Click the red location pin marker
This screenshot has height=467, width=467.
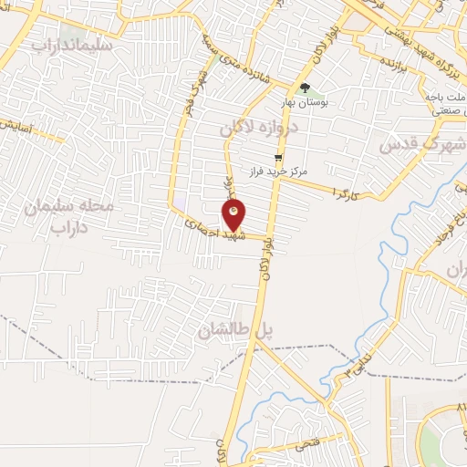pos(233,214)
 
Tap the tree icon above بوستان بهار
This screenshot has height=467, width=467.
pos(305,88)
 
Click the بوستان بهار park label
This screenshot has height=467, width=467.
pos(306,103)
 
